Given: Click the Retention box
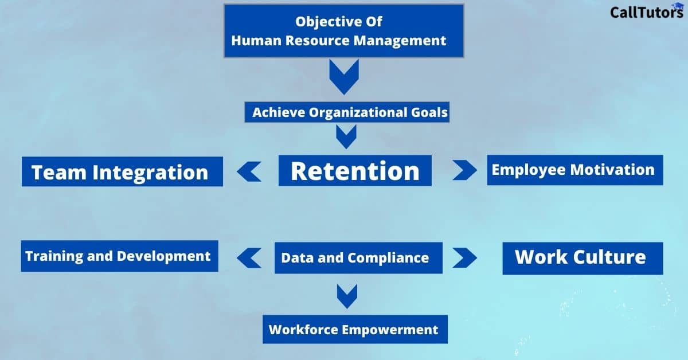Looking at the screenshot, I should (x=355, y=171).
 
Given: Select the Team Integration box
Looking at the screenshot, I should (x=122, y=172).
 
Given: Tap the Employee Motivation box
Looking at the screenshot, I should (x=574, y=170).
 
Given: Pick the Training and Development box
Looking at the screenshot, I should (x=119, y=256).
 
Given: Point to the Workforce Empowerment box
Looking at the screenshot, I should (x=354, y=330).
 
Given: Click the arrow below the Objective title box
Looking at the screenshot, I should (x=344, y=77).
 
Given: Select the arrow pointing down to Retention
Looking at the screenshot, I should (x=346, y=136).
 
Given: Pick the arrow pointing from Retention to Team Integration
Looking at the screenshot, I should (x=249, y=171).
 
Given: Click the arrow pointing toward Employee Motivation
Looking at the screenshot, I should (x=464, y=170).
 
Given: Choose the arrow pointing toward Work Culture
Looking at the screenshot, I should (x=464, y=257).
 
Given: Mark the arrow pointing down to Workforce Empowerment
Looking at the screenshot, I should (x=347, y=296).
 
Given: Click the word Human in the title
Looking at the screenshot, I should (x=254, y=40).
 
